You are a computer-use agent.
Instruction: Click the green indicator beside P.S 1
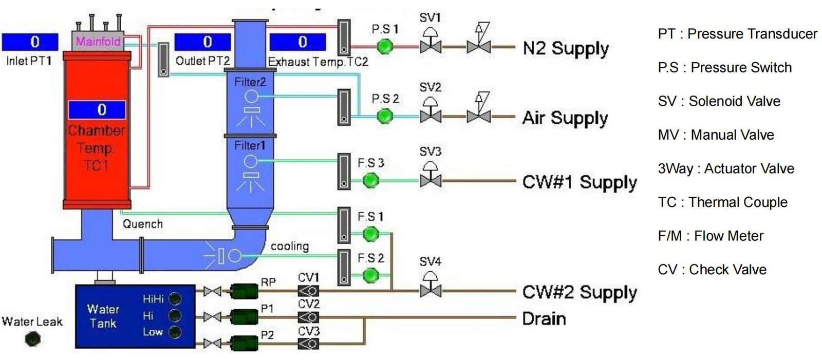384,47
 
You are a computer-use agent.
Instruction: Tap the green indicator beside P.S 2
384,117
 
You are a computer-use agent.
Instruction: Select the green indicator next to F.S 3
370,181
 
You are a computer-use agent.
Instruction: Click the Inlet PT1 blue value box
30,42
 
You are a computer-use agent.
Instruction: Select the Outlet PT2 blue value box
202,42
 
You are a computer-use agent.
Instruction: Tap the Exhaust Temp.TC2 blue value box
298,42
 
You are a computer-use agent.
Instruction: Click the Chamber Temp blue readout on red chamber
97,109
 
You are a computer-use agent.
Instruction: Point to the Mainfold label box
98,41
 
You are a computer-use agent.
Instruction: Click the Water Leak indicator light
33,339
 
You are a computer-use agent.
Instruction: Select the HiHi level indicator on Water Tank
175,298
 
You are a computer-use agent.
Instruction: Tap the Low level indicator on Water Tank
175,332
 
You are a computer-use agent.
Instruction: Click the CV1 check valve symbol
308,291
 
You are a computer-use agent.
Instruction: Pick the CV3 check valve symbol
308,344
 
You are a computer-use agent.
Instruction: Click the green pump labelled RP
244,291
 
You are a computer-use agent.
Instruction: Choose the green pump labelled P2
244,344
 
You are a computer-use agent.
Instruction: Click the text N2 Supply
566,48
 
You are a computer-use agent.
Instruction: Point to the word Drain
544,318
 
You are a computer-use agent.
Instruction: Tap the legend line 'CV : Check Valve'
712,270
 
